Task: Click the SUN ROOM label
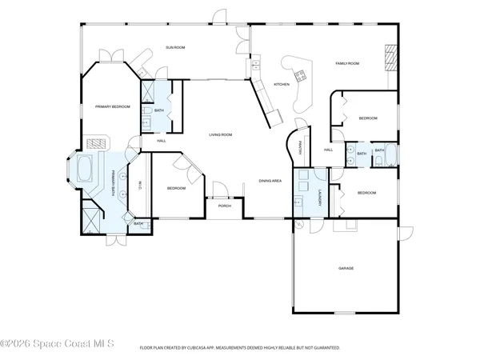click(175, 48)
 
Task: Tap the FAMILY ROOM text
click(346, 63)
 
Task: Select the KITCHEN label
click(281, 84)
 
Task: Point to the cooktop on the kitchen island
click(302, 77)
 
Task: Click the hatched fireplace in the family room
click(390, 58)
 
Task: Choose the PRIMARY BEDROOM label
click(112, 106)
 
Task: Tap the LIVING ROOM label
click(220, 134)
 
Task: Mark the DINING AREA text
click(270, 181)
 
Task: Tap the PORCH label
click(225, 206)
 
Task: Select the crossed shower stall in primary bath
click(90, 217)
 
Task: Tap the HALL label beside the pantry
click(328, 150)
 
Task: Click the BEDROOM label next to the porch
click(176, 188)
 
